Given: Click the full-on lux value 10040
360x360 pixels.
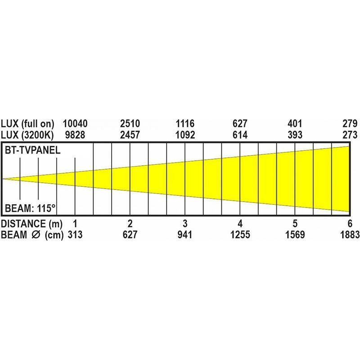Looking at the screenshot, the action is [x=75, y=124].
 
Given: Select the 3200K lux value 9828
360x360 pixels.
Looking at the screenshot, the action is [x=75, y=135].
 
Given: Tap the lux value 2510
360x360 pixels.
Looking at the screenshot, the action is [x=130, y=124].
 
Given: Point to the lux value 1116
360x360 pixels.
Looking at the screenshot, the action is [x=185, y=124].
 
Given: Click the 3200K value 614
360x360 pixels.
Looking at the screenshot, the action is [x=240, y=135].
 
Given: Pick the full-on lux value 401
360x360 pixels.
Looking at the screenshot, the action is [x=295, y=124].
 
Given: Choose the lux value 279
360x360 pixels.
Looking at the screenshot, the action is [x=350, y=124].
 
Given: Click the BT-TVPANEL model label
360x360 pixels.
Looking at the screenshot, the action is [x=32, y=150].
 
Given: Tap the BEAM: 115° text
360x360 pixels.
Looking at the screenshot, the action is [x=30, y=208].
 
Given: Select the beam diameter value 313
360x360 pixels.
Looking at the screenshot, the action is [x=75, y=234].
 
